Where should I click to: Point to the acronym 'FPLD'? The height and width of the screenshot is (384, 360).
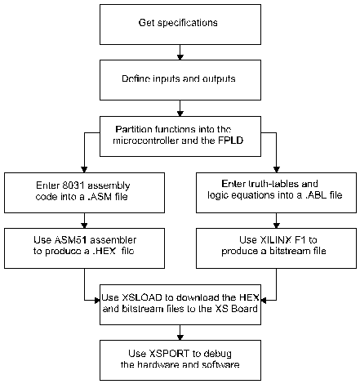231,141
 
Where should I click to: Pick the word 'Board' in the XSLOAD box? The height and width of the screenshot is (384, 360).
244,309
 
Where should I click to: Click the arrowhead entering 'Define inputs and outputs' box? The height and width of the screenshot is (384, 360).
180,57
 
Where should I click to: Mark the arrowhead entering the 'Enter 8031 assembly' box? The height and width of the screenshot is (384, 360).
84,170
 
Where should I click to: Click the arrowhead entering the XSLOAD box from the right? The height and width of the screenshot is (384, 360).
264,301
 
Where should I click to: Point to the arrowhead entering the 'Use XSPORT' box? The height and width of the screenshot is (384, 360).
180,337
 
